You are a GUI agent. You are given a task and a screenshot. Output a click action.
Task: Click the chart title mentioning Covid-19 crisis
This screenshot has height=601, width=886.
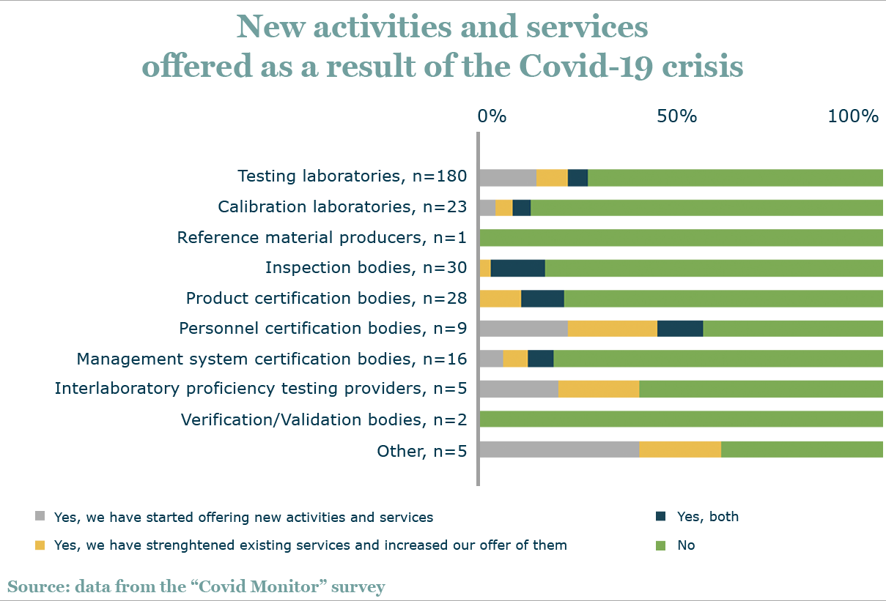coord(442,47)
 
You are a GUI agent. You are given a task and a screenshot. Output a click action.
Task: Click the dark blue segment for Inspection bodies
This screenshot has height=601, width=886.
coord(517,268)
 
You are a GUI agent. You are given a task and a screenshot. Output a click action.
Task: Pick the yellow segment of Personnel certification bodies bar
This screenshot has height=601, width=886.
coord(612,329)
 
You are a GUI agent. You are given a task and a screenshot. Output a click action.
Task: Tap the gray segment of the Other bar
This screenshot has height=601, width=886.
coord(560,449)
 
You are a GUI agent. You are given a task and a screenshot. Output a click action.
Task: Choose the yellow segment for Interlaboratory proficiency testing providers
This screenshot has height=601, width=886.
coord(598,389)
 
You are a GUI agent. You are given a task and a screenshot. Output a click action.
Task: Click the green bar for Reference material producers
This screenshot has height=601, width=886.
coord(682,238)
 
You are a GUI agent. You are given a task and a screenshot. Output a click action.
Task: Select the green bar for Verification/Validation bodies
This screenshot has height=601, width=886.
coord(682,419)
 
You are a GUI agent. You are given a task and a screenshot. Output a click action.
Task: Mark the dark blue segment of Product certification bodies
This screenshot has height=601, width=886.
coord(542,299)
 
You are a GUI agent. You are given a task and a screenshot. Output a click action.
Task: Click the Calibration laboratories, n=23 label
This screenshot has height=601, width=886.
coord(342,207)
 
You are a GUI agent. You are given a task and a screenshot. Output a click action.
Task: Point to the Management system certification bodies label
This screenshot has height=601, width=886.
coord(272,359)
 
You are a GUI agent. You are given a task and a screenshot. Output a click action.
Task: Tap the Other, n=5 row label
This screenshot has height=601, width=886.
coord(421,451)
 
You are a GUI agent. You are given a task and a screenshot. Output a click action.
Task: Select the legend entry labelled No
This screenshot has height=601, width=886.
coord(686,545)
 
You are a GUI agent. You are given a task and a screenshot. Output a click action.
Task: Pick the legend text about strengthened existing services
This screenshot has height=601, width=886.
coord(310,545)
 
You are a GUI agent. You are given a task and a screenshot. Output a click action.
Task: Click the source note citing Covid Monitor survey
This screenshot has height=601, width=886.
coord(196,587)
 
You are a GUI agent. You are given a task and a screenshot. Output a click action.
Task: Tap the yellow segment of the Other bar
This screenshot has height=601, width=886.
coord(679,449)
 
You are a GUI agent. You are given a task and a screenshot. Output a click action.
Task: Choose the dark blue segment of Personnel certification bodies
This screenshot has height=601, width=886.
coord(679,329)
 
